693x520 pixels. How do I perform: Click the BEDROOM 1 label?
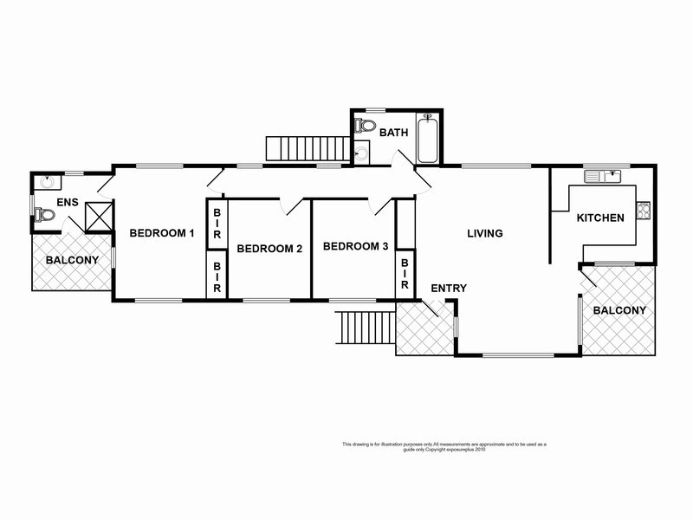(162, 233)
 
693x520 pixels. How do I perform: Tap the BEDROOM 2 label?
(269, 249)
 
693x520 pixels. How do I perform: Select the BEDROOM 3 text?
(355, 247)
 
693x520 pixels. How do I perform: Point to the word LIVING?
(485, 233)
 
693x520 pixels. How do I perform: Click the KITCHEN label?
(600, 218)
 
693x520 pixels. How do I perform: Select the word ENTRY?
(449, 289)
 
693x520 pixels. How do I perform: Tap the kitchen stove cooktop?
(643, 209)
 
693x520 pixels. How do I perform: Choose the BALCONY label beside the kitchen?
(619, 310)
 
